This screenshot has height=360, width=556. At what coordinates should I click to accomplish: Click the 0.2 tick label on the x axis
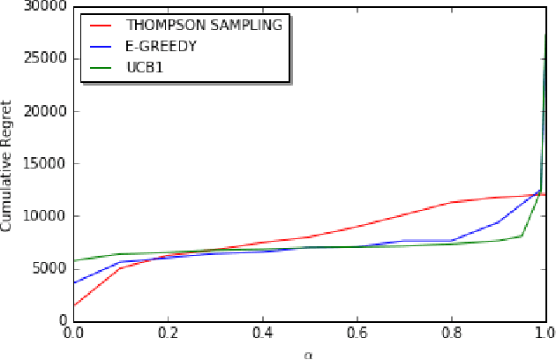coord(168,336)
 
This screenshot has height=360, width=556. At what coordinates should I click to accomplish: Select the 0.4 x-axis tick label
coord(262,336)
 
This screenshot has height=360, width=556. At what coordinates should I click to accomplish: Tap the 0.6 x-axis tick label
coord(357,336)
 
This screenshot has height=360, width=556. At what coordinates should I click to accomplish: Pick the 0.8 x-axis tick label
coord(451,336)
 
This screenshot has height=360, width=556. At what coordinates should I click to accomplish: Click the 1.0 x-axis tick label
coord(544,336)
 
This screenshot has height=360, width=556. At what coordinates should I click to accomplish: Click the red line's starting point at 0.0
coord(74,306)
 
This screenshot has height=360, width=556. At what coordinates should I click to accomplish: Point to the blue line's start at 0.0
coord(74,282)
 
